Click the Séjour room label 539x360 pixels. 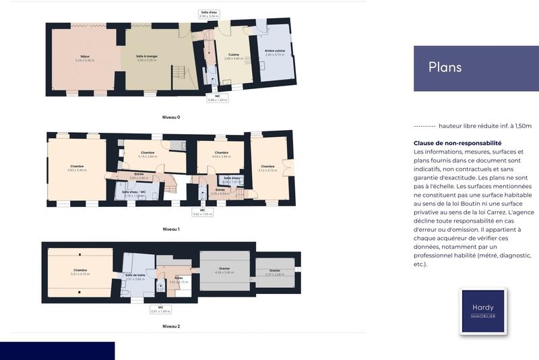click(x=85, y=57)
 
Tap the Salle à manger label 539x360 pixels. click(x=147, y=57)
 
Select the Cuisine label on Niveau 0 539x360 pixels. click(x=233, y=55)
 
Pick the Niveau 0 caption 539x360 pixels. click(x=171, y=117)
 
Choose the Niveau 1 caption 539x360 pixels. click(x=171, y=229)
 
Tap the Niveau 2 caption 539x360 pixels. click(x=171, y=326)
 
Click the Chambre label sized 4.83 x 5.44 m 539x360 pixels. click(x=77, y=167)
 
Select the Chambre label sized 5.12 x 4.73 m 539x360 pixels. click(x=267, y=167)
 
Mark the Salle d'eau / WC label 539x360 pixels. click(x=135, y=193)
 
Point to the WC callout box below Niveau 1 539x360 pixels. click(x=202, y=212)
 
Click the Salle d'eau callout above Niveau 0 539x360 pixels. click(x=209, y=14)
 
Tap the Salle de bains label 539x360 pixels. click(x=135, y=276)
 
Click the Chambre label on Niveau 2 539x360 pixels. click(x=80, y=271)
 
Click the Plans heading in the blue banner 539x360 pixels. click(x=445, y=67)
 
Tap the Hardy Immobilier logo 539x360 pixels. click(x=482, y=311)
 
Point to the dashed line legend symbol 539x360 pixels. click(x=424, y=126)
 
